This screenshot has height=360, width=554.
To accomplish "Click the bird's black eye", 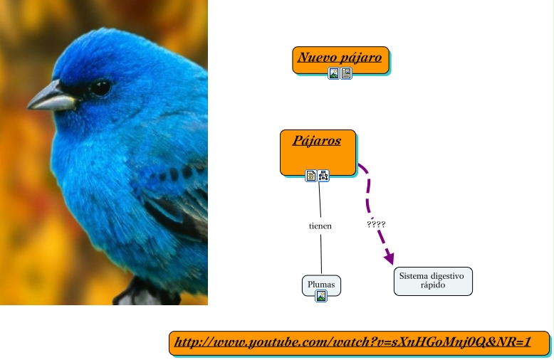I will (100, 88).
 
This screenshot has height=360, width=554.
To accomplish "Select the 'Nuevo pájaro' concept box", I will (340, 59).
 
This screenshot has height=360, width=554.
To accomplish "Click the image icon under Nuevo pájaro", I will (334, 73).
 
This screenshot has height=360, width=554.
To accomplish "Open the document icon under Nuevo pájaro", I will (346, 73).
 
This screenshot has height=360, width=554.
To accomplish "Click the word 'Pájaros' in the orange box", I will (317, 140).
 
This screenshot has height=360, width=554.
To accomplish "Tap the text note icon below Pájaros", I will (311, 176).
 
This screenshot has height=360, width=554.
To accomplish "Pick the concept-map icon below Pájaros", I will (323, 176).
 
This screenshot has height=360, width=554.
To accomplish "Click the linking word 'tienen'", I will (320, 226).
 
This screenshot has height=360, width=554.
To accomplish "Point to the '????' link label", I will (376, 224).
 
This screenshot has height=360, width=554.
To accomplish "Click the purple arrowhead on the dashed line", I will (390, 258).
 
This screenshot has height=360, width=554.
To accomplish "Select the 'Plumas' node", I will (321, 285).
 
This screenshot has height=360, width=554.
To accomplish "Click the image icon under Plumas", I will (321, 296).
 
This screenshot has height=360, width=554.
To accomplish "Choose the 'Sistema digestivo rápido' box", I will (432, 280).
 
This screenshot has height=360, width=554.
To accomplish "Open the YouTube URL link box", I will (359, 343).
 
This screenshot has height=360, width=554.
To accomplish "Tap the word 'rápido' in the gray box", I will (432, 285).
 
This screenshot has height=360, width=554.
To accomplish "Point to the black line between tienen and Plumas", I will (321, 253).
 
